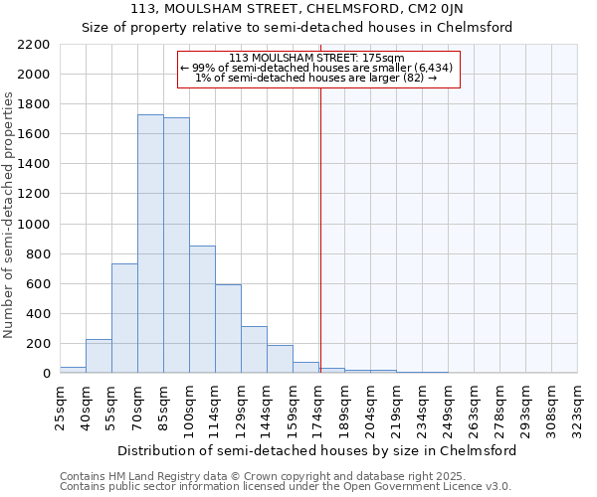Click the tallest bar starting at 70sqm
[150, 244]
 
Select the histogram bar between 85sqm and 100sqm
[176, 246]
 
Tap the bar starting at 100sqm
[202, 309]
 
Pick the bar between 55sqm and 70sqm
[124, 318]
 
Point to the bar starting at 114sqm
[228, 328]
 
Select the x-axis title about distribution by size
[316, 450]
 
